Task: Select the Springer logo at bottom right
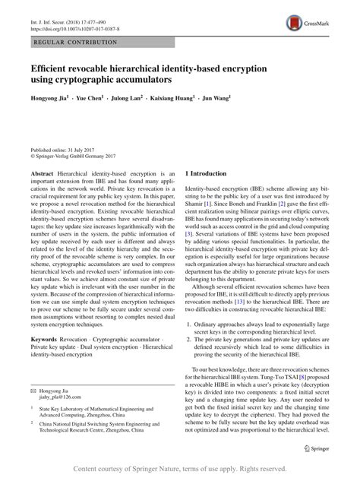tap(327, 449)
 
